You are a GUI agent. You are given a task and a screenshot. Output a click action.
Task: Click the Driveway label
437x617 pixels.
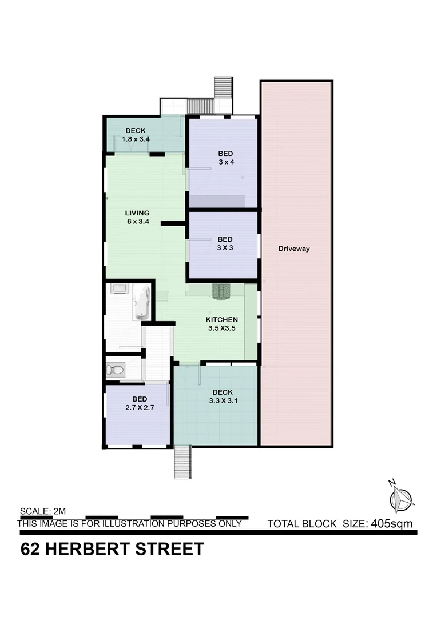[x=294, y=249]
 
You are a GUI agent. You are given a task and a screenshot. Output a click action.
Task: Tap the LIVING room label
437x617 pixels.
[x=137, y=213]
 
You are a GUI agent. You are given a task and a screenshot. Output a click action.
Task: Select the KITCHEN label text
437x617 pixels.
[x=222, y=319]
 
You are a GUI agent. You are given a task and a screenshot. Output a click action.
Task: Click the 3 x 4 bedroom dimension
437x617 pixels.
[x=225, y=162]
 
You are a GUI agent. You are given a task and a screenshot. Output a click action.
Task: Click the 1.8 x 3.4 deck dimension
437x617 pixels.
[x=136, y=139]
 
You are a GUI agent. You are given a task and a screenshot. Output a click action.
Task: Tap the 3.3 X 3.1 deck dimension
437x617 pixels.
[x=223, y=400]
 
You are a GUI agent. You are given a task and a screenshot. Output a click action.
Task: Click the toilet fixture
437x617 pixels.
[x=115, y=370]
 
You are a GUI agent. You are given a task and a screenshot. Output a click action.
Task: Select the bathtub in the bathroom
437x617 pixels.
[x=141, y=303]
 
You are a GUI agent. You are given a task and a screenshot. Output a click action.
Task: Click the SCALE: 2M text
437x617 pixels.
[x=43, y=511]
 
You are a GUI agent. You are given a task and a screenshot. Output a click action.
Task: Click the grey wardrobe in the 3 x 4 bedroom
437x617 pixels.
[x=217, y=201]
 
